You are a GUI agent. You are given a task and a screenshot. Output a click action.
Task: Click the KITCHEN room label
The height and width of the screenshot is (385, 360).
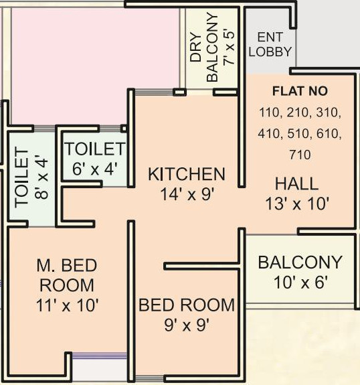187,174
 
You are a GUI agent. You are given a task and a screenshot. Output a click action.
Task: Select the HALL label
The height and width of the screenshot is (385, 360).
296,183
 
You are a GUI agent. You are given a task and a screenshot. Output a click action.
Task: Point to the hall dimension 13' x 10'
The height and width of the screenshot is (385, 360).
297,204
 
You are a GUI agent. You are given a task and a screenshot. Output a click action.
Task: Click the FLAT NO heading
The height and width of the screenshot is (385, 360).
300,91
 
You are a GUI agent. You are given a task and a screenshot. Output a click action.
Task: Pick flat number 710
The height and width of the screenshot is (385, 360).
300,155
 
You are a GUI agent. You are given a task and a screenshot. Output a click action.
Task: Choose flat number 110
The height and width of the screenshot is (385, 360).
270,112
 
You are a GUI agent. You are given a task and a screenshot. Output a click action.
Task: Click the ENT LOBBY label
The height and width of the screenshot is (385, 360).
270,44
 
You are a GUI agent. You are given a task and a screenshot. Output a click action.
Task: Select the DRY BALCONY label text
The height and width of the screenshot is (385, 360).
204,48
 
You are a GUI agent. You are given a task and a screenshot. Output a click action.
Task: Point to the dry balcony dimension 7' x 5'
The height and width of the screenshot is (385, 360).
228,48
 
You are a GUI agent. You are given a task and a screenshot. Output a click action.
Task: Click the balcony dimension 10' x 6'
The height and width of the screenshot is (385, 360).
300,283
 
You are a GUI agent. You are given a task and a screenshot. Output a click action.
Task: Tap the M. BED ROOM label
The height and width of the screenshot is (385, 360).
67,275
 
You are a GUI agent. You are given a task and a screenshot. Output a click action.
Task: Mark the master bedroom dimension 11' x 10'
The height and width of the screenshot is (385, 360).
67,305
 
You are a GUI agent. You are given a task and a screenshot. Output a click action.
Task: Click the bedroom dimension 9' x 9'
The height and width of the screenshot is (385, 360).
187,325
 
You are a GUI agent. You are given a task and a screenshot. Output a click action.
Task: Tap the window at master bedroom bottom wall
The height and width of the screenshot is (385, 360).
100,356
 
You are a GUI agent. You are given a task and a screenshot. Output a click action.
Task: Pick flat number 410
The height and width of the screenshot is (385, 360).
269,134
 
